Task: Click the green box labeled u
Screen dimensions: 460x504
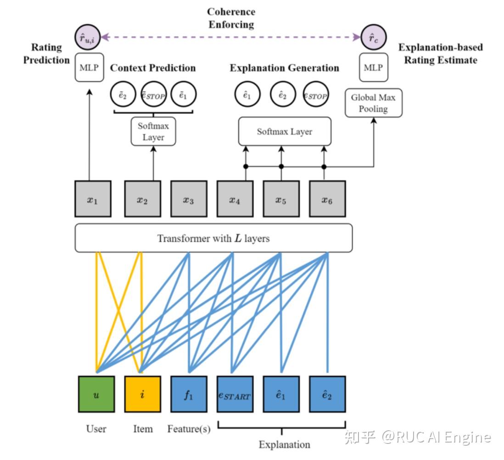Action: click(x=96, y=394)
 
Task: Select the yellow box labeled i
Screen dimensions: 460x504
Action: click(x=142, y=394)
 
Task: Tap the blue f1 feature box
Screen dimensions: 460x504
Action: click(x=189, y=394)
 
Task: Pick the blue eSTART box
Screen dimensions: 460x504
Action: click(x=235, y=394)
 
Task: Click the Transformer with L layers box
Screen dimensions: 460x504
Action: click(x=213, y=238)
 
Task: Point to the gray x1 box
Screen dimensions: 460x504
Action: click(x=92, y=199)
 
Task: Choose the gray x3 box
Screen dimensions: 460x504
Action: click(x=189, y=199)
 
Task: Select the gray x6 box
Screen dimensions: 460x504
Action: click(x=327, y=199)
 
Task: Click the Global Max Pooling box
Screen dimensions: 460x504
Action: click(x=373, y=103)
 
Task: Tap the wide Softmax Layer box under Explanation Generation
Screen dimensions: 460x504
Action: click(x=285, y=131)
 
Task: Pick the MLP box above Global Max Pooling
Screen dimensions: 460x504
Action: click(x=373, y=67)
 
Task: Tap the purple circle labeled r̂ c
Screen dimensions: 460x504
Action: click(x=373, y=37)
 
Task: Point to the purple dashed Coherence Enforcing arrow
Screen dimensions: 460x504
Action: click(x=231, y=37)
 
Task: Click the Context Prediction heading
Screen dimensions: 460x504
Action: click(x=153, y=68)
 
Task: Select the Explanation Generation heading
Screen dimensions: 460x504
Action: click(x=285, y=68)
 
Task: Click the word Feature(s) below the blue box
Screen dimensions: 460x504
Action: click(x=189, y=429)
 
